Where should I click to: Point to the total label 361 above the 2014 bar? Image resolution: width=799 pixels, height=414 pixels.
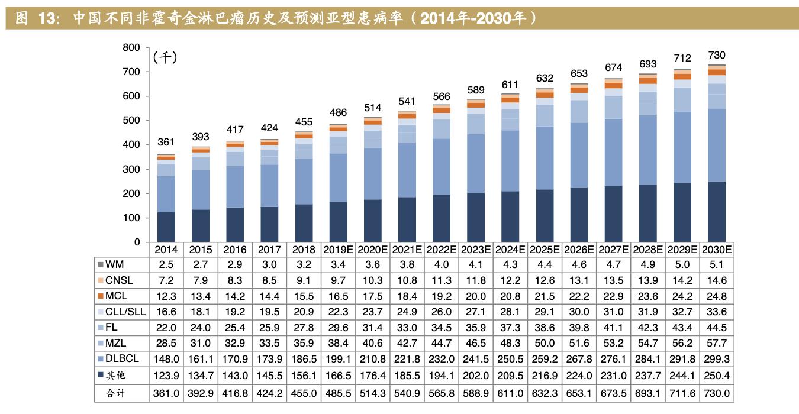point(166,142)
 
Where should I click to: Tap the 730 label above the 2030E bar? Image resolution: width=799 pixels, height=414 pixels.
point(717,55)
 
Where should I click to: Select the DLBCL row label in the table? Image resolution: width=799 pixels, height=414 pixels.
point(123,359)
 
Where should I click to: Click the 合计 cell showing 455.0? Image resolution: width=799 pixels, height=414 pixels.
point(304,393)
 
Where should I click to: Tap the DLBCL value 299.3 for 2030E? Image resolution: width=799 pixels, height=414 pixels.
point(717,359)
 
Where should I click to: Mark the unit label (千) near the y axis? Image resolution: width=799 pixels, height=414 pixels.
point(165,58)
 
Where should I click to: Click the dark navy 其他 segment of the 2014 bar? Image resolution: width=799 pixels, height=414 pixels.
point(166,227)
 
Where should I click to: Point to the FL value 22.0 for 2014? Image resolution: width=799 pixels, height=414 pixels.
point(166,328)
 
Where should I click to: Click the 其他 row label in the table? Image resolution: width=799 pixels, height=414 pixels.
point(116,375)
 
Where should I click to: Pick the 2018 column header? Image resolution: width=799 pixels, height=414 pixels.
point(304,250)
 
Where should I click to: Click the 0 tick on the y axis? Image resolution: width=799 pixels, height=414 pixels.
point(137,242)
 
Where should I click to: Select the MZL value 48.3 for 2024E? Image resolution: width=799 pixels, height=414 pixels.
point(510,343)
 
